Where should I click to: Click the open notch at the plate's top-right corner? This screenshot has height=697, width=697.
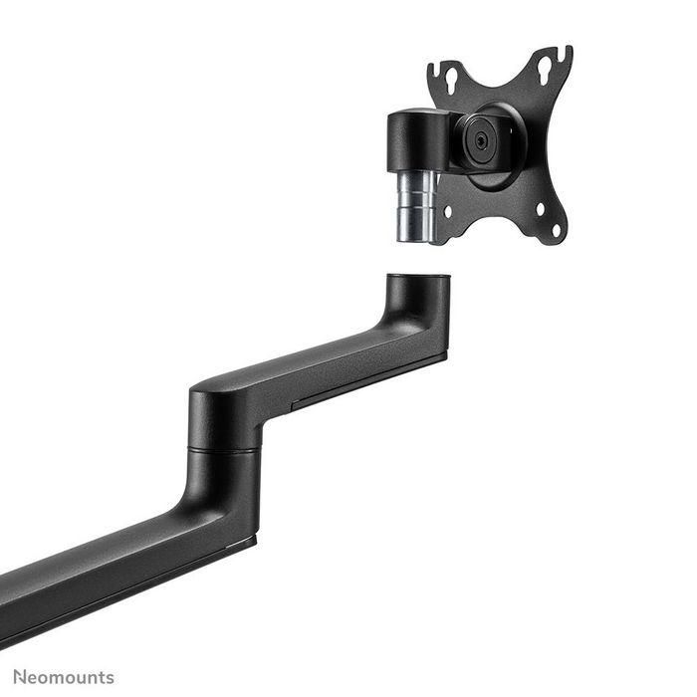tap(565, 52)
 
